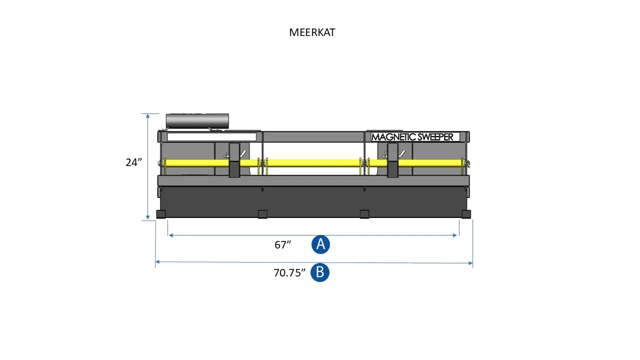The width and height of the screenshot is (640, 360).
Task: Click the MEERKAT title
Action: point(312,32)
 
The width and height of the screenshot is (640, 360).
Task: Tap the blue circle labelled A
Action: point(320,244)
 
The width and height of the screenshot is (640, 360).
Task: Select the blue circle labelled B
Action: point(320,272)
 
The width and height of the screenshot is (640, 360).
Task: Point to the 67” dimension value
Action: point(282,245)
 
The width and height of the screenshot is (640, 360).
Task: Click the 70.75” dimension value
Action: point(289,273)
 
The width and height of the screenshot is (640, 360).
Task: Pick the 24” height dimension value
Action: point(133,162)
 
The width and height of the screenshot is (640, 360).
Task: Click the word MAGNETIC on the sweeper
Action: point(391,137)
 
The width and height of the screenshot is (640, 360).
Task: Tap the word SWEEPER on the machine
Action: point(433,137)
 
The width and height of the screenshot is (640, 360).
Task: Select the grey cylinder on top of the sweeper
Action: point(197,121)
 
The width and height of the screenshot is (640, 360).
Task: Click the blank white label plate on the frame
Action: point(211,137)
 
